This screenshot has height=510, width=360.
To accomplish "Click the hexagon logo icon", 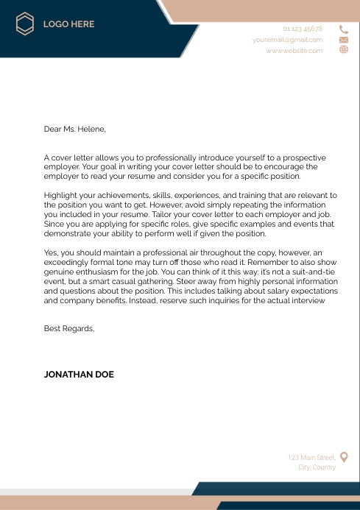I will (25, 24).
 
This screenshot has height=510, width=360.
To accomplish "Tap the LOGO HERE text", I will (68, 24).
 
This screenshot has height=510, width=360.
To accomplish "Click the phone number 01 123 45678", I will (303, 29).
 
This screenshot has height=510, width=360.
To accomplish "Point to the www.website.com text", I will (294, 50).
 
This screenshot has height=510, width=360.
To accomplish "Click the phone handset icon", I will (343, 29).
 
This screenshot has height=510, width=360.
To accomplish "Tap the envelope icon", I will (343, 40).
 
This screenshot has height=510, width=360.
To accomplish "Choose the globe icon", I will (343, 49).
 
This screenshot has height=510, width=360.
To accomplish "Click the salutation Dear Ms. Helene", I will (74, 130).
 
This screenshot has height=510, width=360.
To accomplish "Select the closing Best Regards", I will (69, 327).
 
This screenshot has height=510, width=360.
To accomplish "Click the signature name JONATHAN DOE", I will (79, 374).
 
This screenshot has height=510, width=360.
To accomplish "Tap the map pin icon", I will (344, 457).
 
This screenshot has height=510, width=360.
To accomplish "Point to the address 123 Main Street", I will (311, 458).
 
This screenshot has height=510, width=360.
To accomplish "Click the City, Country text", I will (317, 467).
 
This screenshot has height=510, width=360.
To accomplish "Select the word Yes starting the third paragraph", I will (51, 252).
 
